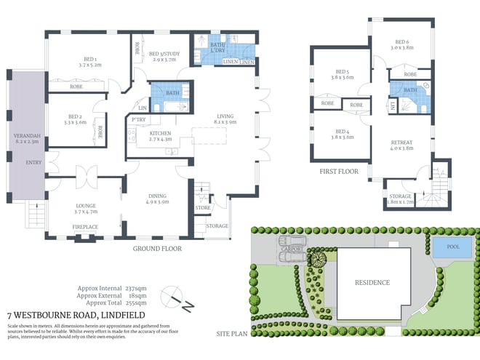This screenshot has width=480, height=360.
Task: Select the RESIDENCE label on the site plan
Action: [x=372, y=283]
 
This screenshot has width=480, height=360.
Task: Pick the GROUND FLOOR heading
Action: [x=156, y=248]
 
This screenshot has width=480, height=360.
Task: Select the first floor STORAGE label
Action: [x=401, y=197]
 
